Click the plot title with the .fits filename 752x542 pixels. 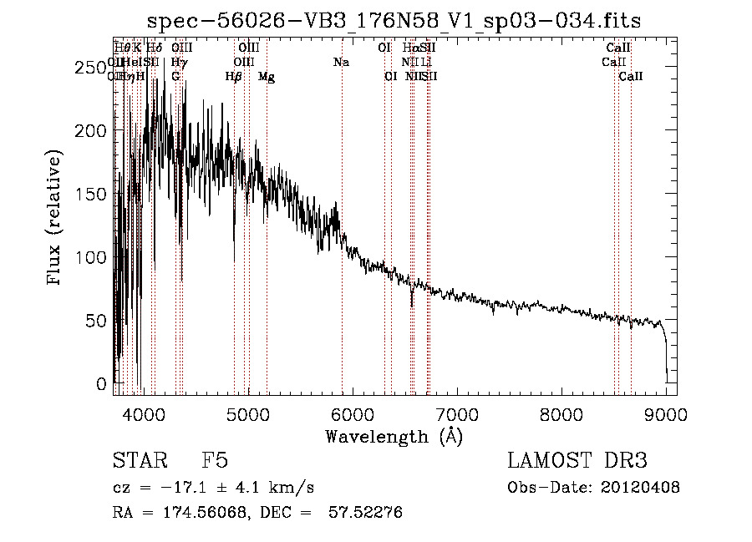[x=394, y=21]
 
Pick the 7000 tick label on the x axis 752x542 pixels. [x=457, y=414]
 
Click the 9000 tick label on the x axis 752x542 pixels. [x=667, y=414]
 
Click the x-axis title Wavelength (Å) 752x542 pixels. [x=394, y=436]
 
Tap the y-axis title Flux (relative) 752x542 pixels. [x=55, y=219]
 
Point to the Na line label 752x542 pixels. [x=341, y=62]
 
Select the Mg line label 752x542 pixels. [x=267, y=77]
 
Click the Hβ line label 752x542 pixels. [x=234, y=77]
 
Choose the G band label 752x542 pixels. [x=175, y=77]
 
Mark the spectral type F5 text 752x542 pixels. [x=215, y=461]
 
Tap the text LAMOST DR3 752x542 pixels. [x=577, y=461]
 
